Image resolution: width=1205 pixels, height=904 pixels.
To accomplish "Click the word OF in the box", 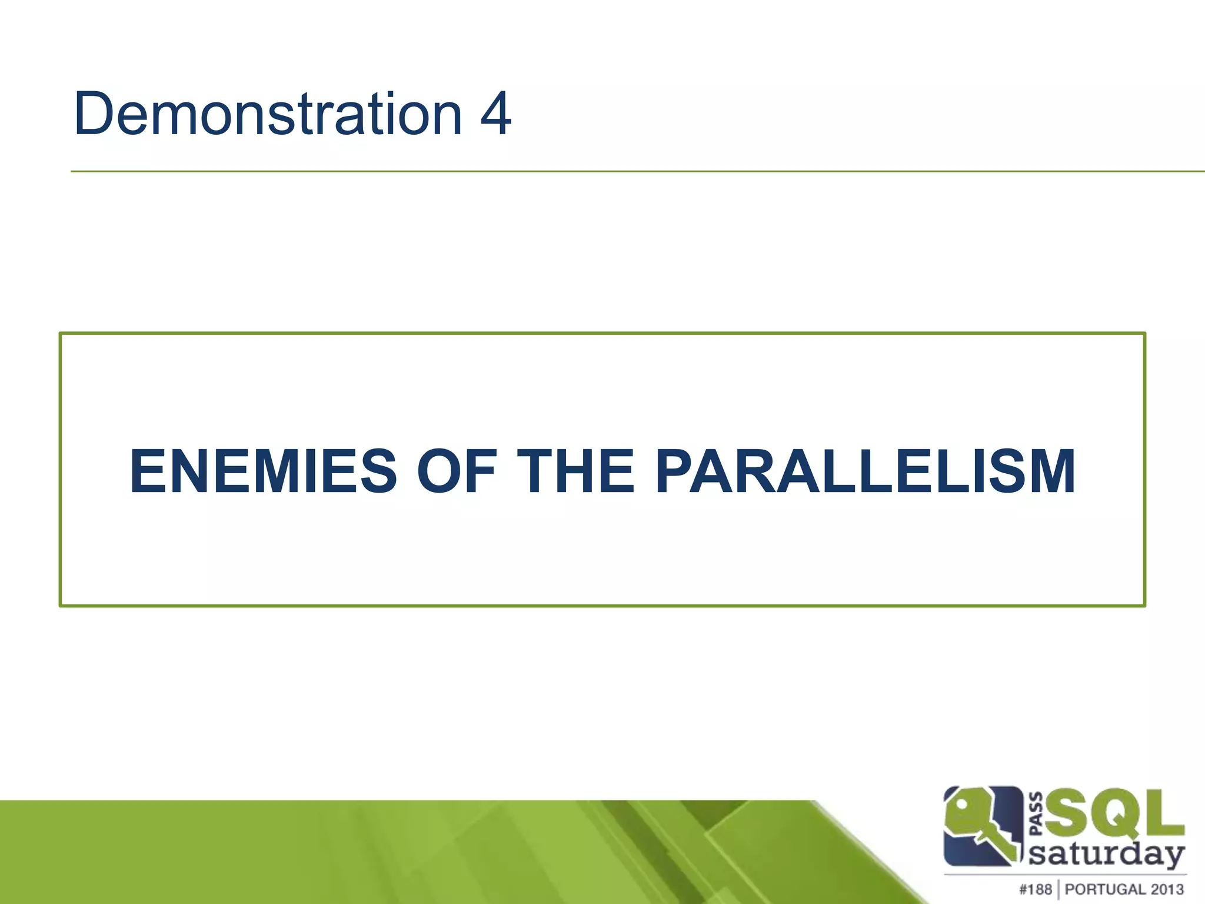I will (x=457, y=471).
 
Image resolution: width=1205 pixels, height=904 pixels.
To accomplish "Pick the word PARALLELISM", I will (x=865, y=471).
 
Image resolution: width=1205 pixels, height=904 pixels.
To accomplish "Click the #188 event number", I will (x=1035, y=889).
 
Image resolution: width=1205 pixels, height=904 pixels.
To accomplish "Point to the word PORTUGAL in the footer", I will (x=1107, y=889).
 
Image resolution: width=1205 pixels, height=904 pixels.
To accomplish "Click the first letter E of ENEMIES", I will (x=147, y=471).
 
